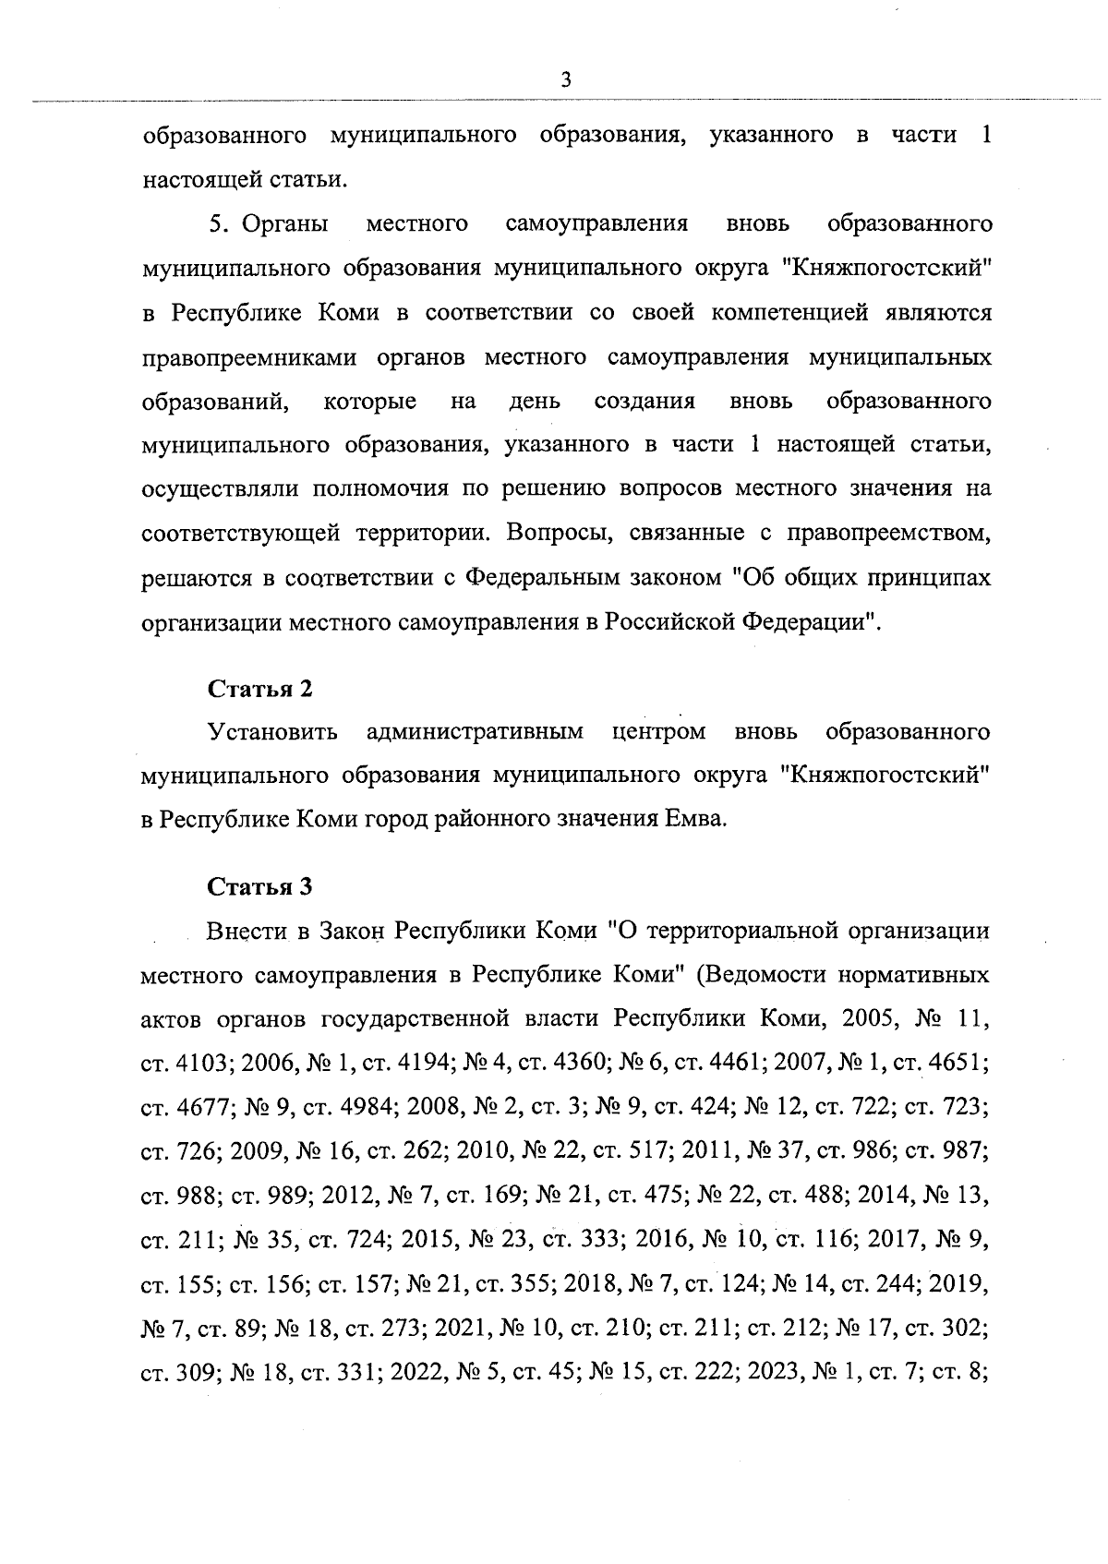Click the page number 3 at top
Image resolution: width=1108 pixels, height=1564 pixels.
566,80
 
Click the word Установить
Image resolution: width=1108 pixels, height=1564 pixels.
273,732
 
